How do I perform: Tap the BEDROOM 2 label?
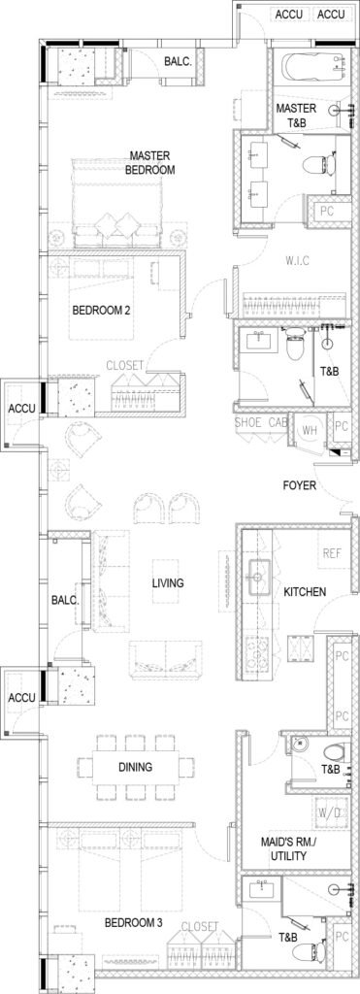point(102,311)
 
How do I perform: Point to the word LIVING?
point(167,582)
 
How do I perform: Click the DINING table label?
point(136,767)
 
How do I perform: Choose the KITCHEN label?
point(305,591)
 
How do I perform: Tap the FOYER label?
point(297,486)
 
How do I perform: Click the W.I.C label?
point(297,261)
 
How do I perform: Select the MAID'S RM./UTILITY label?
point(284,849)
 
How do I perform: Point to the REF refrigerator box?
point(332,553)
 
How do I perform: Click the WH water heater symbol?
point(309,430)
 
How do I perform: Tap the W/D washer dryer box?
point(332,812)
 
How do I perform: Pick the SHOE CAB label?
point(260,423)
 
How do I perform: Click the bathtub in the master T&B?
point(311,69)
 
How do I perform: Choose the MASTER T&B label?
point(296,115)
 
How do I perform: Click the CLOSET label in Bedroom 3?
point(199,926)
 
